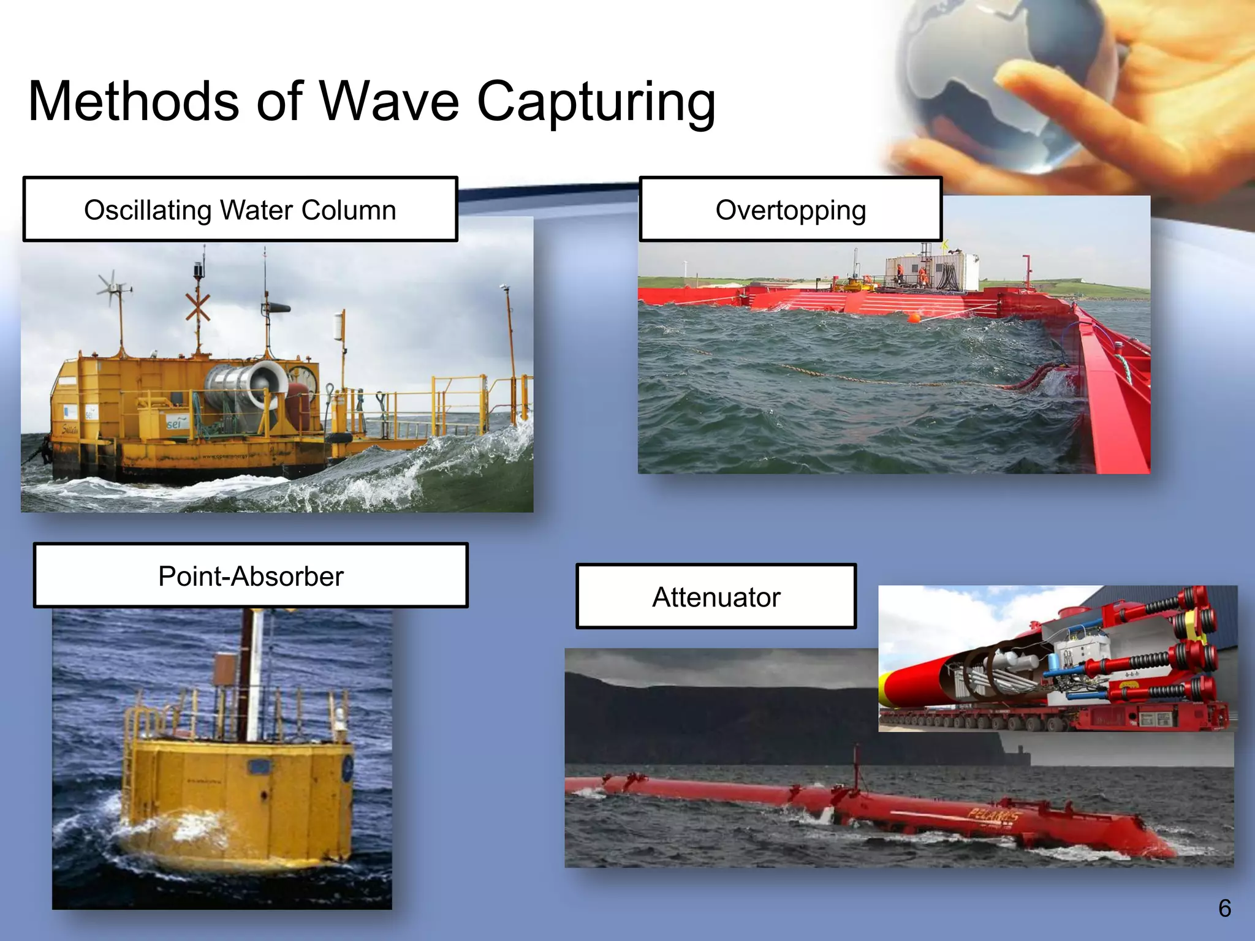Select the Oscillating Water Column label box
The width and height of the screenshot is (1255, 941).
click(240, 210)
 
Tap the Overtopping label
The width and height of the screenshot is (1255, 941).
click(791, 210)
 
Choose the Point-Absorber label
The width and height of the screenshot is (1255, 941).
click(251, 576)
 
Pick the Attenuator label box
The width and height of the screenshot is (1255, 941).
click(716, 597)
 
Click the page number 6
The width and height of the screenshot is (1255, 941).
click(1224, 908)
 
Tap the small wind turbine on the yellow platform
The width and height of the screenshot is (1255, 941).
click(113, 287)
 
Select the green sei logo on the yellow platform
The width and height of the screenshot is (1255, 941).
click(175, 423)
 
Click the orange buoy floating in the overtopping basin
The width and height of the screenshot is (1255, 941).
click(914, 318)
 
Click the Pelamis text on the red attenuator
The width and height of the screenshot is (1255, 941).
click(993, 815)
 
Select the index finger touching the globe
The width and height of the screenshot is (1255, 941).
click(1054, 92)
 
